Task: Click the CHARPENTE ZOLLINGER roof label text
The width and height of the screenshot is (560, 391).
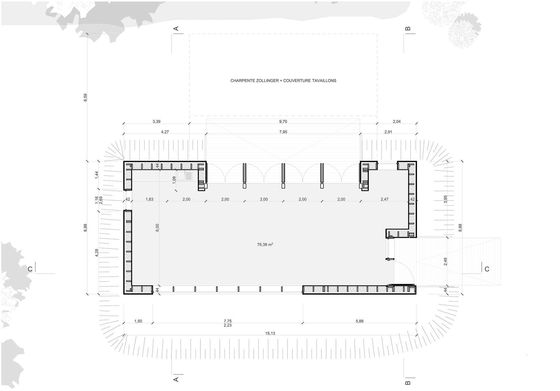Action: coord(255,81)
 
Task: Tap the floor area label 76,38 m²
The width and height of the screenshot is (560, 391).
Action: coord(265,244)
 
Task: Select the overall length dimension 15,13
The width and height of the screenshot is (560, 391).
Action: coord(270,333)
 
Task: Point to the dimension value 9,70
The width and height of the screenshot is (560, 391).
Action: coord(283,122)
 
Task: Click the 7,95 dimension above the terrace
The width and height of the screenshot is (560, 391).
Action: coord(283,132)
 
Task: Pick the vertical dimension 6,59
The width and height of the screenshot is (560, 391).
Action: coord(85,97)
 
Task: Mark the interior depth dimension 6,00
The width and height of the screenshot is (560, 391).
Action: coord(157,228)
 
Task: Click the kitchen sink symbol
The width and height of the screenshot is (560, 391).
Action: coord(185,176)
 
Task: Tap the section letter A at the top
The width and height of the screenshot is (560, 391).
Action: coord(176,29)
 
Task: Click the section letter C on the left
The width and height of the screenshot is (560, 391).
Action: coord(30,269)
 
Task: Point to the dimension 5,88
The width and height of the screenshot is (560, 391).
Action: coord(360,321)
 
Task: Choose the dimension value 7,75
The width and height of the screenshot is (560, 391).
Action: coord(228,321)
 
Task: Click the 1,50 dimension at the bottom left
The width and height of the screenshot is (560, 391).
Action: coord(138,321)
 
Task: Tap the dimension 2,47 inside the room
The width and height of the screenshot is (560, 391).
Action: coord(384,199)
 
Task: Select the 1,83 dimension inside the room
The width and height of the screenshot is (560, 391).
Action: coord(150,199)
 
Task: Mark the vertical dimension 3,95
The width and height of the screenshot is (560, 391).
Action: coord(445,199)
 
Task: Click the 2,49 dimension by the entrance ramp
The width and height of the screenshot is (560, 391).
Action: coord(445,262)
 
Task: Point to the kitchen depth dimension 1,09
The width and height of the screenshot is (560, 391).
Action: coord(174,180)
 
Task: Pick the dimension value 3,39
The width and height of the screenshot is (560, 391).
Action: coord(156,122)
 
